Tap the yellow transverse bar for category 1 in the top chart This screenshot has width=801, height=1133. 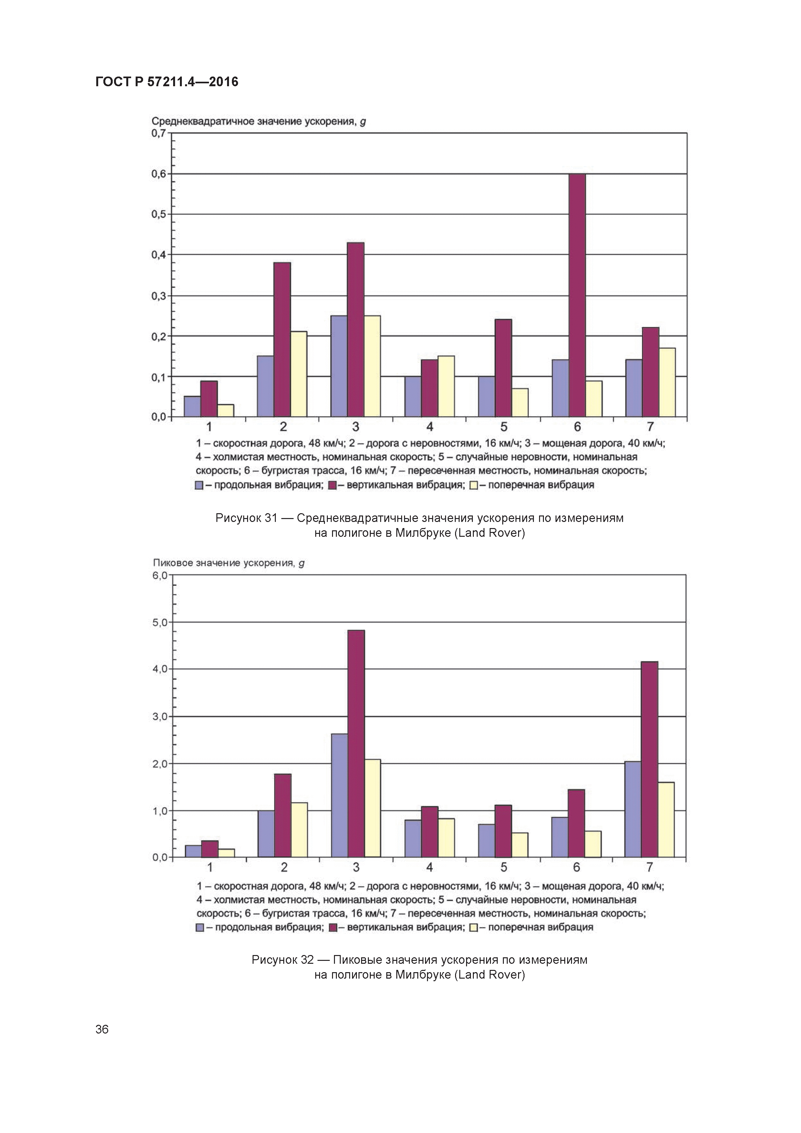pyautogui.click(x=225, y=411)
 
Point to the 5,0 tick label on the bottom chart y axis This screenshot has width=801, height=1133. pyautogui.click(x=160, y=622)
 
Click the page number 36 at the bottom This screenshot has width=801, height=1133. pyautogui.click(x=102, y=1029)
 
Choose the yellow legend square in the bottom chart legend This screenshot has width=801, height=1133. pyautogui.click(x=473, y=928)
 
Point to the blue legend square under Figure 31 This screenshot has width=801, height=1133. pyautogui.click(x=199, y=485)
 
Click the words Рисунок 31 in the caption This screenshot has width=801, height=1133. pyautogui.click(x=246, y=518)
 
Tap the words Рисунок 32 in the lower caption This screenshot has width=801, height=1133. pyautogui.click(x=282, y=960)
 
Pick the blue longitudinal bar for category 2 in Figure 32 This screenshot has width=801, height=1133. pyautogui.click(x=266, y=834)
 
